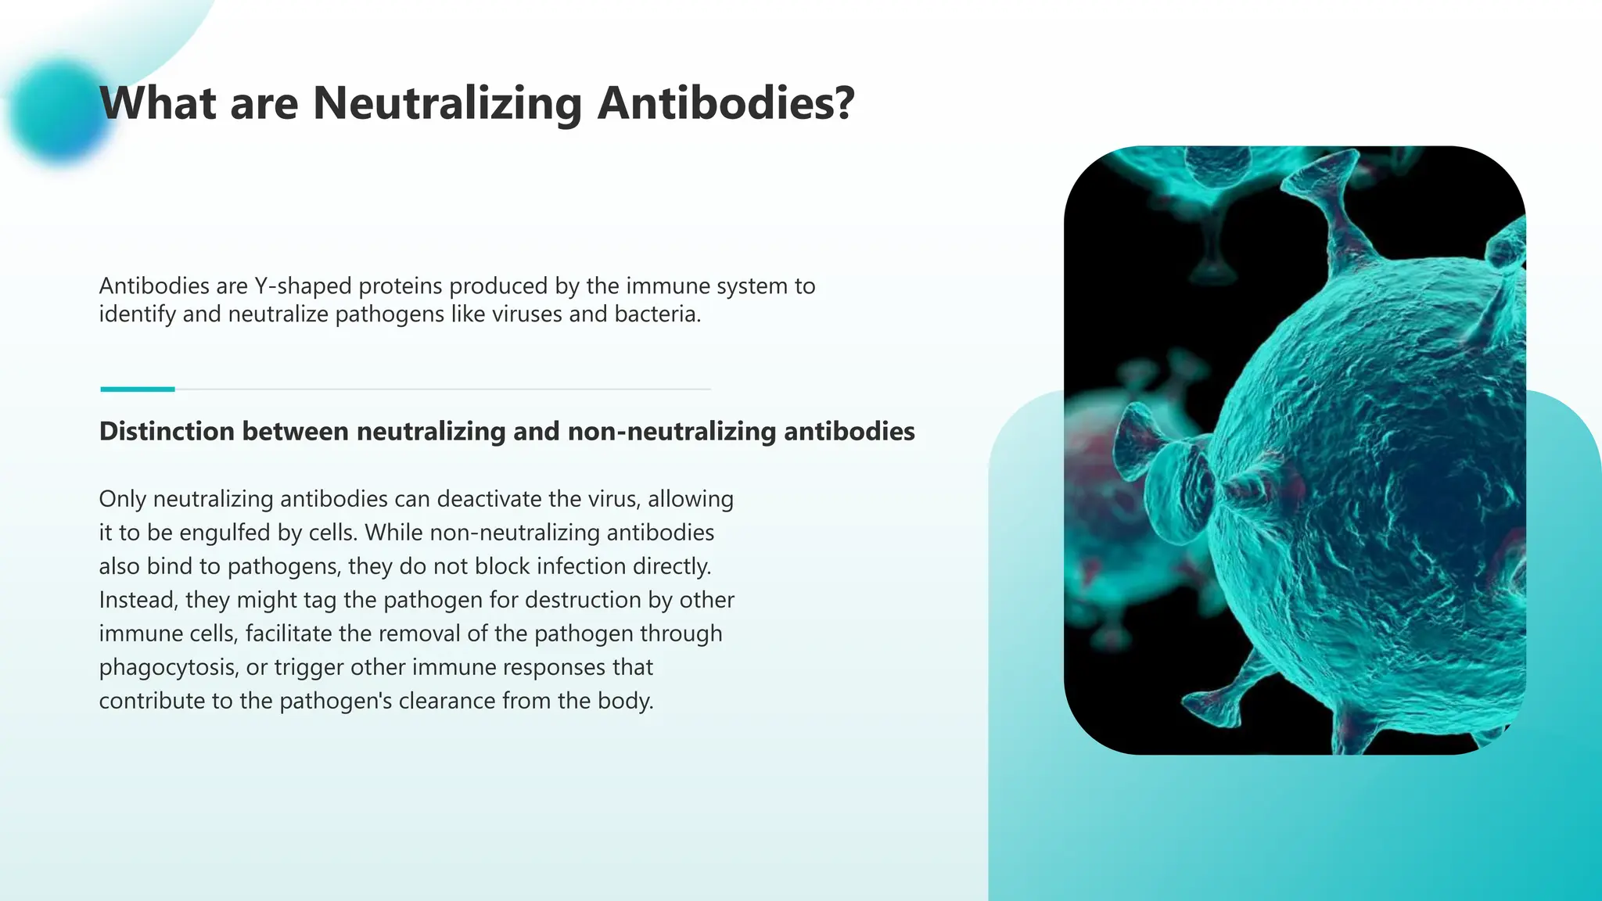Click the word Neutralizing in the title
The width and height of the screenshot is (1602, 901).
point(447,103)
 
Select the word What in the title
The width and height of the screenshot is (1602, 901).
point(157,103)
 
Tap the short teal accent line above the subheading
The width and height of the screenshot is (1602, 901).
point(138,389)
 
